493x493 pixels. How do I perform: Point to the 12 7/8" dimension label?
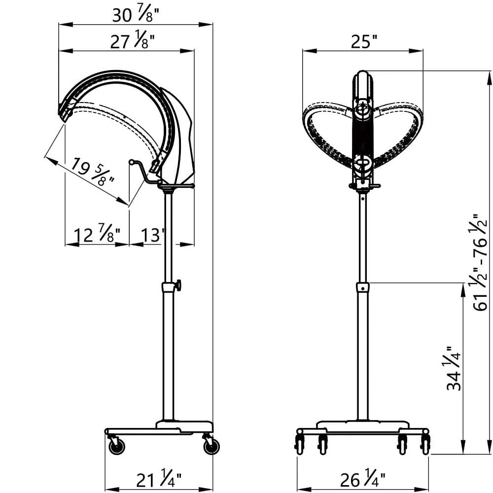(95, 235)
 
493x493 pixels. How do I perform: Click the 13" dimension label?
(152, 235)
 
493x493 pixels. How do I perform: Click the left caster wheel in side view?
(117, 446)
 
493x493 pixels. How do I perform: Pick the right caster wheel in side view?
(211, 447)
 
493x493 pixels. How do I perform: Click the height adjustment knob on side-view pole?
(177, 285)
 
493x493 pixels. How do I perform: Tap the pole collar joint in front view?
(363, 287)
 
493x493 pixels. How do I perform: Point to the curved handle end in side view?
(132, 162)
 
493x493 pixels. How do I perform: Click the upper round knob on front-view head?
(362, 107)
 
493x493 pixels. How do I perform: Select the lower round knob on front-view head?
(362, 162)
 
